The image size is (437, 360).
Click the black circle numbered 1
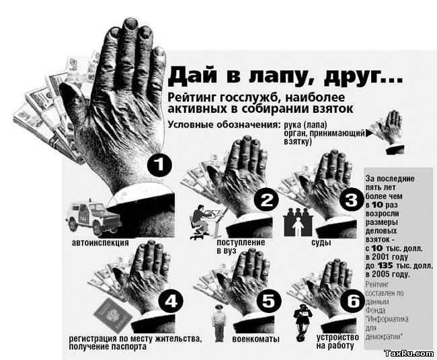pyautogui.click(x=159, y=165)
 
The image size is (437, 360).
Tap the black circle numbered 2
pyautogui.click(x=266, y=199)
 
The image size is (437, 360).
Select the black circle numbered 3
pyautogui.click(x=352, y=199)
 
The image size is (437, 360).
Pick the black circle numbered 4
pyautogui.click(x=171, y=301)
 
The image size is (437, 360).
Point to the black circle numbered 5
pyautogui.click(x=268, y=301)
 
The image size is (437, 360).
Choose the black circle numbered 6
pyautogui.click(x=353, y=301)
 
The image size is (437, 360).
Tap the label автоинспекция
pyautogui.click(x=100, y=242)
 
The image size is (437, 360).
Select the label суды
pyautogui.click(x=321, y=242)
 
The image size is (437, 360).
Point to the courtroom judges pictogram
pyautogui.click(x=298, y=222)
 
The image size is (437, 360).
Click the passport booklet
pyautogui.click(x=112, y=316)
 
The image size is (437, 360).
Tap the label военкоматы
pyautogui.click(x=255, y=339)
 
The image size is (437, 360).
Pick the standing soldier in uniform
pyautogui.click(x=219, y=323)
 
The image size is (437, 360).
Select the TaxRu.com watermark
pyautogui.click(x=409, y=353)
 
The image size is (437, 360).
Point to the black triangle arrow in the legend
pyautogui.click(x=369, y=134)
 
